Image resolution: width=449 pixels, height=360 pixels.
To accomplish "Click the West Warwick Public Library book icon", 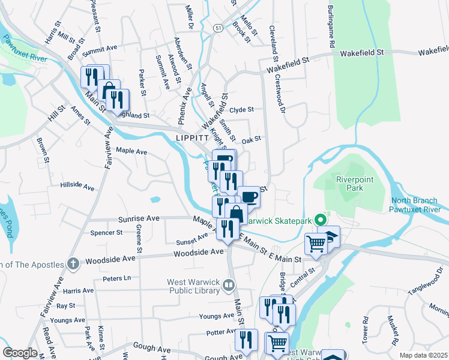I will click(x=228, y=286).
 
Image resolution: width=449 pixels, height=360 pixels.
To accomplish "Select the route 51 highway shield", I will click(x=217, y=28).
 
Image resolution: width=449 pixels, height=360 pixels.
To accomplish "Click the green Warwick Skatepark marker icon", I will click(x=320, y=220).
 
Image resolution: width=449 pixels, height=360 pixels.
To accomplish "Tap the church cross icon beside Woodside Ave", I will click(x=73, y=263).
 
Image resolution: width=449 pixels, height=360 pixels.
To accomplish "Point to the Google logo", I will click(x=20, y=353).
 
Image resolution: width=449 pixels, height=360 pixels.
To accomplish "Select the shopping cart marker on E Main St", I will click(x=316, y=244).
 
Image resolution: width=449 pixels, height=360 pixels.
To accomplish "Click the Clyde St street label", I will click(x=242, y=110).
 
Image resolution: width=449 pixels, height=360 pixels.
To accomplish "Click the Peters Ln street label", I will click(x=116, y=278).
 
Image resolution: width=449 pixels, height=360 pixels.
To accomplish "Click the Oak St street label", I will click(x=251, y=139).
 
